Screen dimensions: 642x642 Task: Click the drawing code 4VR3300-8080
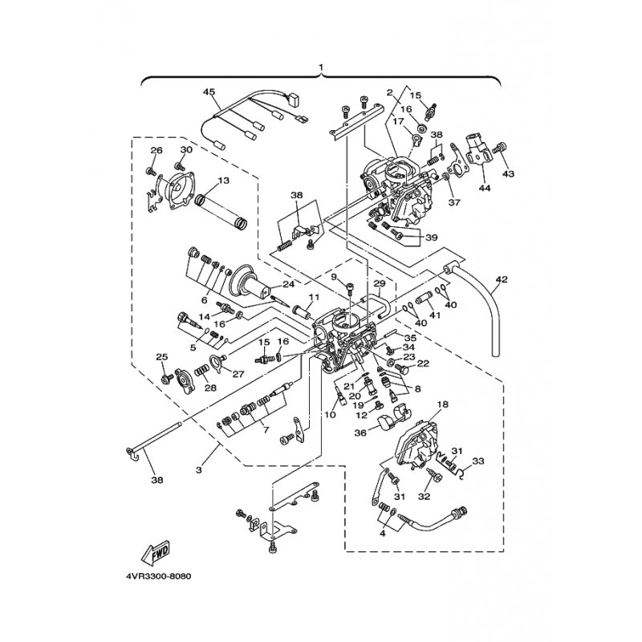coord(159,576)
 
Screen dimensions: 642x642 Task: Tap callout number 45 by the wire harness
coord(209,91)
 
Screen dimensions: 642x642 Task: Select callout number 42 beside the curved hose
coord(502,279)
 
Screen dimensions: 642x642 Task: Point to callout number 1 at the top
coord(321,67)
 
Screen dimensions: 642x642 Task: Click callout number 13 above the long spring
coord(224,181)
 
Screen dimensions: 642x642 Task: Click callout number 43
coord(508,174)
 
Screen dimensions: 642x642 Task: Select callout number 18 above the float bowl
coord(443,404)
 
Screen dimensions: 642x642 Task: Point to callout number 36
coord(360,433)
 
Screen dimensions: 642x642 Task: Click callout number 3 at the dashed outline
coord(199,470)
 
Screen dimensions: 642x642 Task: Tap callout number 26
coord(156,150)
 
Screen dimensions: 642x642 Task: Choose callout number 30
coord(186,150)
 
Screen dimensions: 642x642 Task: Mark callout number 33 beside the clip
coord(477,461)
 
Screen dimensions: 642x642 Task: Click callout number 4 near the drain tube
coord(383,534)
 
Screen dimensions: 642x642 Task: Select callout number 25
coord(162,357)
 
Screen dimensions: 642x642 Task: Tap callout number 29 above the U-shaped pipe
coord(380,283)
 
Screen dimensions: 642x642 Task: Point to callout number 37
coord(454,202)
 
